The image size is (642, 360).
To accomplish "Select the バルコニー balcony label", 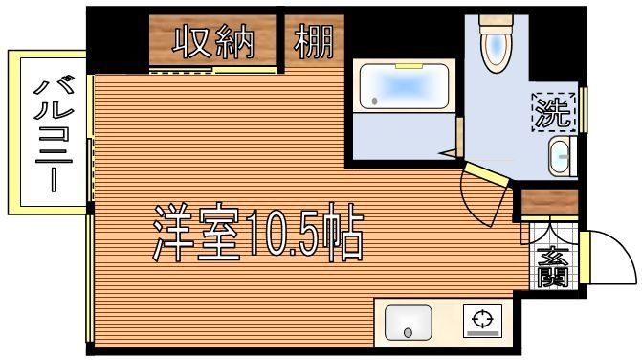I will click(49, 134).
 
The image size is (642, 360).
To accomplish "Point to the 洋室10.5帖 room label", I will click(258, 233).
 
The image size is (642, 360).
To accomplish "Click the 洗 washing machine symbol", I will click(552, 114).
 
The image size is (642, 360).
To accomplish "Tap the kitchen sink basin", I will click(409, 323).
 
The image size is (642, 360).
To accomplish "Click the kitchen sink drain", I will click(409, 333).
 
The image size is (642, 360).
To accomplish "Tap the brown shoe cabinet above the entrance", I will click(549, 202).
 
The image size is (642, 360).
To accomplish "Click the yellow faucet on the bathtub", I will click(409, 66).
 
